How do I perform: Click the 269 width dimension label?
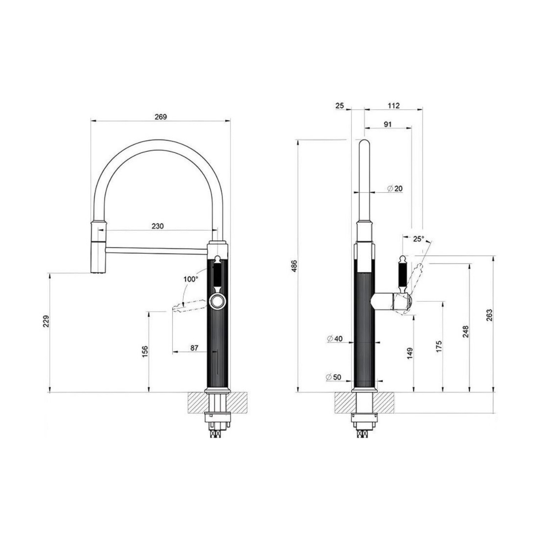(x=160, y=116)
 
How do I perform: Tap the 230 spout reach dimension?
(x=157, y=226)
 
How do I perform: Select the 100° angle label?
(x=191, y=279)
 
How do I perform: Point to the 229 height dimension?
(x=47, y=321)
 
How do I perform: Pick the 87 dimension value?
(x=194, y=348)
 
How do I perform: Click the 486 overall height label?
(x=294, y=266)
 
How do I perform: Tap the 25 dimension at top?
(x=339, y=106)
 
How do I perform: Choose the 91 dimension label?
(x=387, y=124)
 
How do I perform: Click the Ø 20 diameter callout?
(x=395, y=188)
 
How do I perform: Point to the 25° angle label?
(x=418, y=238)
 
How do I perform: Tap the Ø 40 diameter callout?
(x=335, y=338)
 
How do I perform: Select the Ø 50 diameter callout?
(x=334, y=377)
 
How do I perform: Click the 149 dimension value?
(x=410, y=353)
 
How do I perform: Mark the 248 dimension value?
(x=466, y=332)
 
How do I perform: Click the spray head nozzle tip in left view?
(x=97, y=271)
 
